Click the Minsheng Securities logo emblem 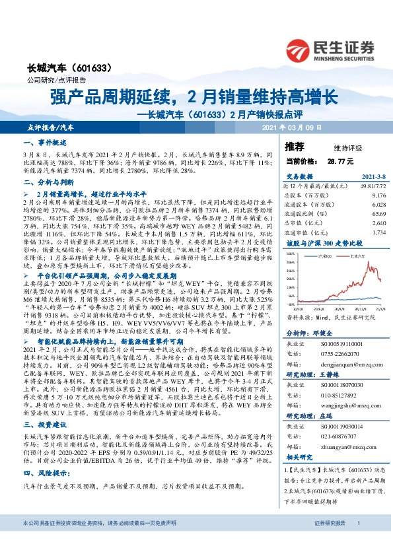301,48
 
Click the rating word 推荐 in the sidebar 295,147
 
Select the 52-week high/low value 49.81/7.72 369,187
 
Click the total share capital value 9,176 378,196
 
